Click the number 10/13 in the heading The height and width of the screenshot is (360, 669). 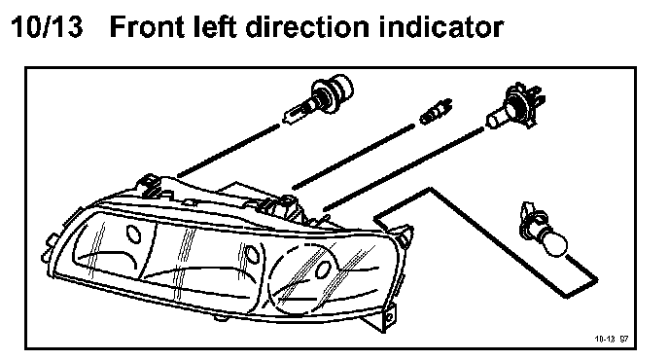point(47,26)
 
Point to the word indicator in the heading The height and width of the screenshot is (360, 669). point(440,26)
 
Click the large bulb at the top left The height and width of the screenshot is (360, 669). point(320,99)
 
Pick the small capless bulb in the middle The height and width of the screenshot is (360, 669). point(435,111)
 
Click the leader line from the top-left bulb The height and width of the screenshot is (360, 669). point(229,150)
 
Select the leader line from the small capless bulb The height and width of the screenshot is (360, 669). point(353,157)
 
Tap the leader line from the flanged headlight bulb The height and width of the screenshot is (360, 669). point(404,169)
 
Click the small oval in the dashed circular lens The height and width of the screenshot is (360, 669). point(324,270)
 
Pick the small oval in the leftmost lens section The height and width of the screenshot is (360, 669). point(134,234)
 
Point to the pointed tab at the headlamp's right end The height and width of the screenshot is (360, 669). point(405,235)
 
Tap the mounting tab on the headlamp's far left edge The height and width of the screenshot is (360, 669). point(48,249)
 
